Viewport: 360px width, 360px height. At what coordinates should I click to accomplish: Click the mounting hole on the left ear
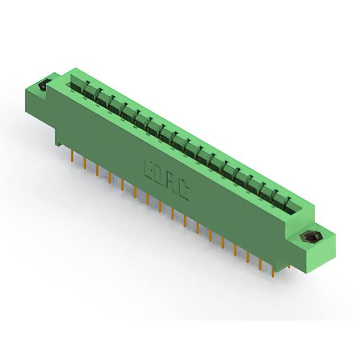tap(43, 87)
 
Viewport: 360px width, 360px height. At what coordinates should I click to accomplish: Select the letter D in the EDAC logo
tap(160, 175)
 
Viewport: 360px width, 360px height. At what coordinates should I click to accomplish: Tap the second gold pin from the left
tap(85, 164)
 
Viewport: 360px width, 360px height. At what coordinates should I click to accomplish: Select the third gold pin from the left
tap(97, 171)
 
